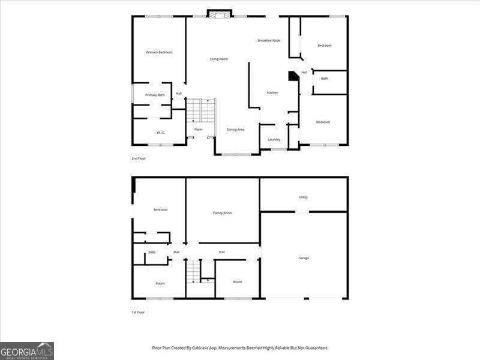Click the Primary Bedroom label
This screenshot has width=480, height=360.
tap(159, 53)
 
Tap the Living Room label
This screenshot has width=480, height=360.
tap(218, 59)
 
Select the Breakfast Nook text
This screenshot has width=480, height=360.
tap(269, 41)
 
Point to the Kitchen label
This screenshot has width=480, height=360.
tap(272, 92)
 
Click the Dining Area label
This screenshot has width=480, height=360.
tap(235, 130)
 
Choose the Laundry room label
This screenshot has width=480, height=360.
tap(274, 140)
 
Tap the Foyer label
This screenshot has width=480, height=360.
tap(198, 130)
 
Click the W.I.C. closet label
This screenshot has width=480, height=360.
tap(160, 133)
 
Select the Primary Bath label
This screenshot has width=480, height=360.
tap(154, 95)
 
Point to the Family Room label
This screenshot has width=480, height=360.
tap(223, 213)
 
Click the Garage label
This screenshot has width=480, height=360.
tap(304, 258)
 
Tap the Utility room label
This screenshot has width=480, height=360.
tap(304, 197)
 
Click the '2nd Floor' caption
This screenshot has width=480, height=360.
tap(139, 158)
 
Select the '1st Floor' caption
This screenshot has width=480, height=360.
tap(139, 312)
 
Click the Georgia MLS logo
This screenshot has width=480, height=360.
tap(27, 350)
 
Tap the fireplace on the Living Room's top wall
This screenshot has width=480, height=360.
tap(219, 13)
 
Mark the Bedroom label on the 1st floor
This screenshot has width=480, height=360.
tap(160, 209)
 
